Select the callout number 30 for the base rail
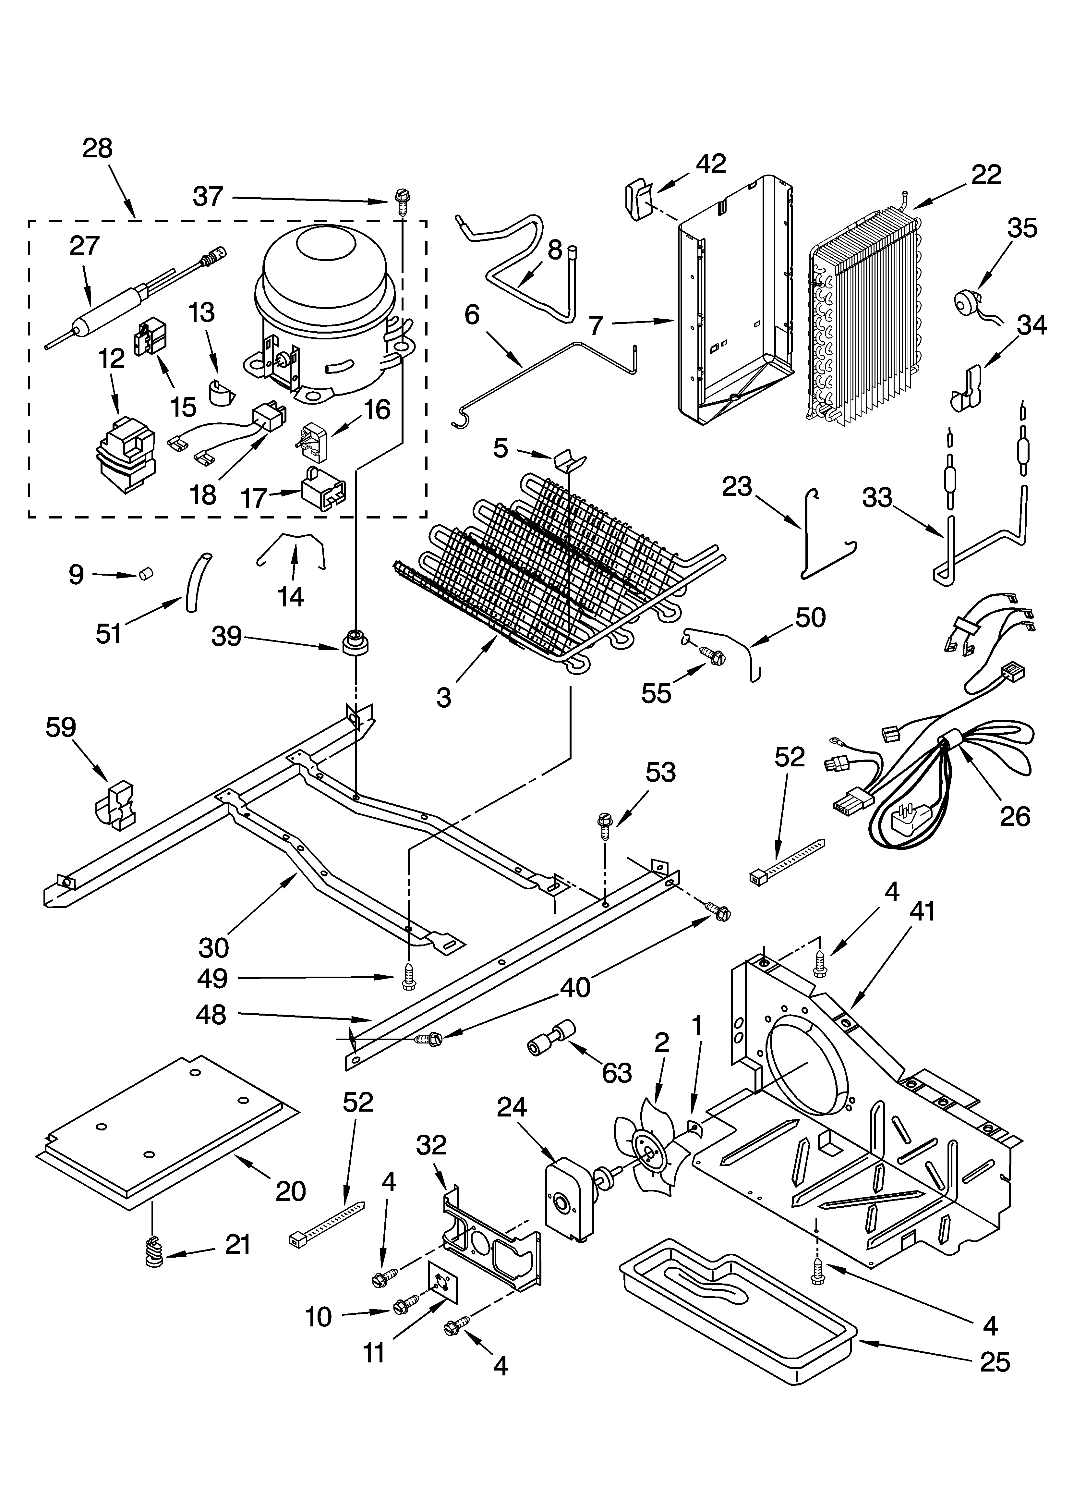(x=214, y=948)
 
